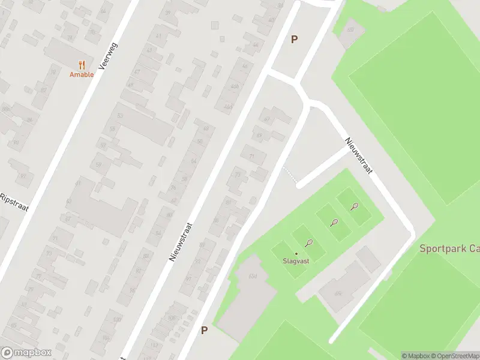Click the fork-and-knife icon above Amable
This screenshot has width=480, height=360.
pyautogui.click(x=82, y=65)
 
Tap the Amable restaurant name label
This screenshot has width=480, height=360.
pyautogui.click(x=82, y=74)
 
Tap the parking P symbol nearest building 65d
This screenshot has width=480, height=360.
pyautogui.click(x=204, y=330)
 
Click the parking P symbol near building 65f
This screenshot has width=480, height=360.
pyautogui.click(x=294, y=40)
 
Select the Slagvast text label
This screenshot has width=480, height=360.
pyautogui.click(x=296, y=261)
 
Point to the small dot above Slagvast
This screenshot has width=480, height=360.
pyautogui.click(x=296, y=253)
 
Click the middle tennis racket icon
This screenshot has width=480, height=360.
pyautogui.click(x=334, y=222)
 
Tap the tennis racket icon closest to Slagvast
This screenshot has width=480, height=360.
pyautogui.click(x=309, y=243)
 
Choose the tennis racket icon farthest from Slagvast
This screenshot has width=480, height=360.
pyautogui.click(x=354, y=207)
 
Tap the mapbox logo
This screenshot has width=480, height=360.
pyautogui.click(x=26, y=353)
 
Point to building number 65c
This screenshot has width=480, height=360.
pyautogui.click(x=338, y=293)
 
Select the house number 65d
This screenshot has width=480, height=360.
pyautogui.click(x=253, y=276)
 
